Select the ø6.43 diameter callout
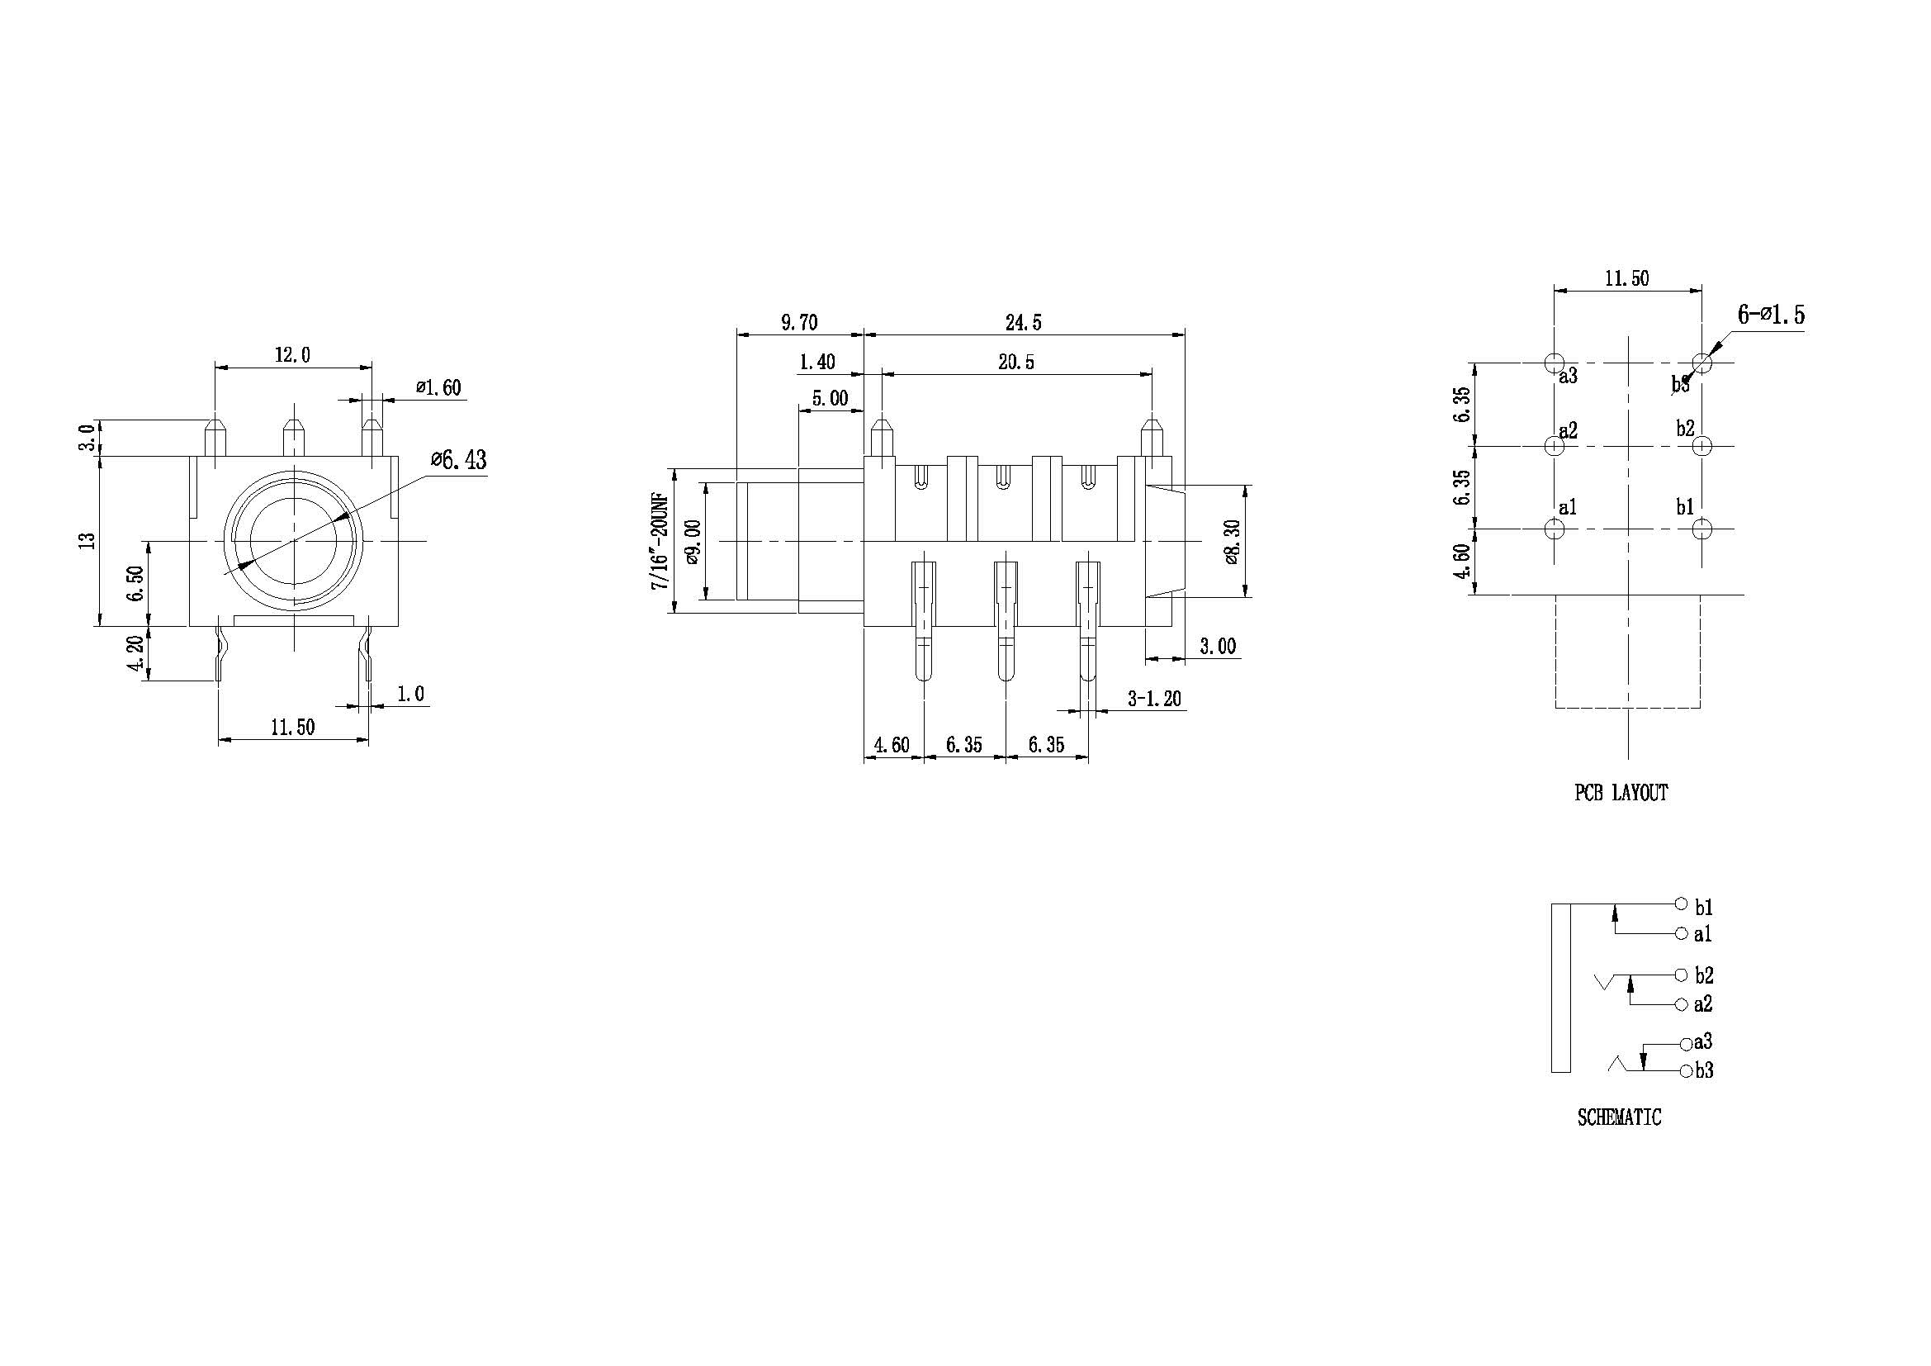(458, 460)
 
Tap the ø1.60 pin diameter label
(438, 388)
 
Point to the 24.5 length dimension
(1024, 322)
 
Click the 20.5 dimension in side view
(1016, 362)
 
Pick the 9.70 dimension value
(799, 322)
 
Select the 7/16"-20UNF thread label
(660, 541)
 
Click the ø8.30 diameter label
(1232, 541)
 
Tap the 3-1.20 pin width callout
(1154, 698)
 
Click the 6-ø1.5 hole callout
(1770, 315)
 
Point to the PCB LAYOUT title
(1621, 792)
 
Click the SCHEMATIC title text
(1619, 1118)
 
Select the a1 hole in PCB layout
(1555, 529)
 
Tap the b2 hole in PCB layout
(1702, 446)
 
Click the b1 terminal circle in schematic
(1681, 904)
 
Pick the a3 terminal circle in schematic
(1686, 1044)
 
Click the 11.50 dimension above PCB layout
(1626, 278)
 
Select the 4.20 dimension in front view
(135, 653)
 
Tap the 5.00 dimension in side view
(829, 398)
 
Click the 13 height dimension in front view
(87, 541)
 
